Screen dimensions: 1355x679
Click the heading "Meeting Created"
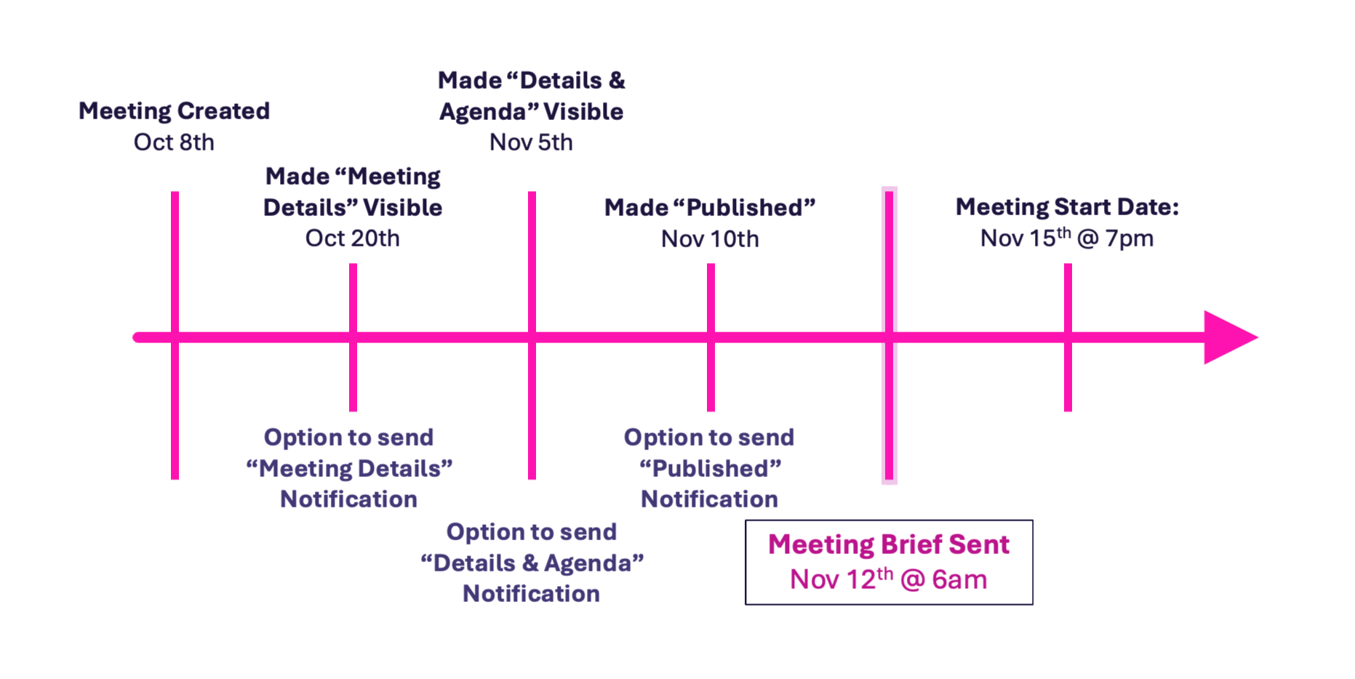click(x=174, y=111)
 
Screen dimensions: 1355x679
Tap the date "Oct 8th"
click(x=174, y=142)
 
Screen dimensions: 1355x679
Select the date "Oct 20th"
click(x=353, y=238)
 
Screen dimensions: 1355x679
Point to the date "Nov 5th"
click(x=531, y=142)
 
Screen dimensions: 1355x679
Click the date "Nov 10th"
click(x=710, y=238)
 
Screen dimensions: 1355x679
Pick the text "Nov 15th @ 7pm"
click(x=1067, y=237)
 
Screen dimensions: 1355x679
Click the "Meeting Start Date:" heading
click(x=1067, y=206)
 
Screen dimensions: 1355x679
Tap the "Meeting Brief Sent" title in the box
click(x=889, y=545)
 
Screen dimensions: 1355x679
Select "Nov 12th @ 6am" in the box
click(x=889, y=579)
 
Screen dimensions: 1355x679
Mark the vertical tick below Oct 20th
click(x=353, y=337)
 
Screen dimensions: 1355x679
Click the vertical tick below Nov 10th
click(x=711, y=337)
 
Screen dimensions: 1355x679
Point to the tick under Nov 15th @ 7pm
click(x=1068, y=337)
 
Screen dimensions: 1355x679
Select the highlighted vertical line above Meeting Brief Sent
click(x=889, y=335)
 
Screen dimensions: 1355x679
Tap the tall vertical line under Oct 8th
click(x=175, y=335)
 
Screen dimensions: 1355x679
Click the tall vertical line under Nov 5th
click(x=532, y=335)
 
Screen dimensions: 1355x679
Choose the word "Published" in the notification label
click(x=710, y=468)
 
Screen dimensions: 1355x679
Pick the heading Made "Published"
click(x=710, y=207)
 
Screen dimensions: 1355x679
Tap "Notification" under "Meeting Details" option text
click(x=348, y=499)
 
